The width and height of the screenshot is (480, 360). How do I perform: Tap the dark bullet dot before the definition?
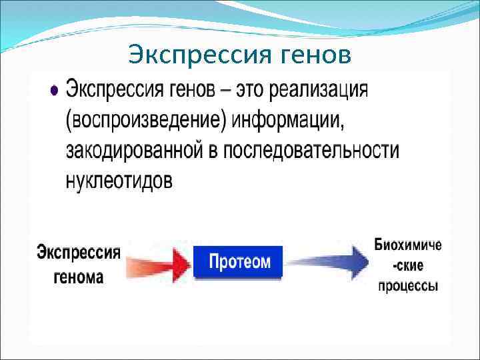(x=54, y=91)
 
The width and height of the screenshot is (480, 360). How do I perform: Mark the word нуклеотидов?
(x=119, y=181)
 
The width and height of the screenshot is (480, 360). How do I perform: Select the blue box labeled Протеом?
(x=239, y=261)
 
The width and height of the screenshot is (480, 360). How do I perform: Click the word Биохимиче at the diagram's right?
(x=407, y=245)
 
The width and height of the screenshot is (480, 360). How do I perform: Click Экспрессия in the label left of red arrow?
(x=78, y=253)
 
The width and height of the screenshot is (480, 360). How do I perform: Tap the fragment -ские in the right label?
(x=407, y=265)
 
